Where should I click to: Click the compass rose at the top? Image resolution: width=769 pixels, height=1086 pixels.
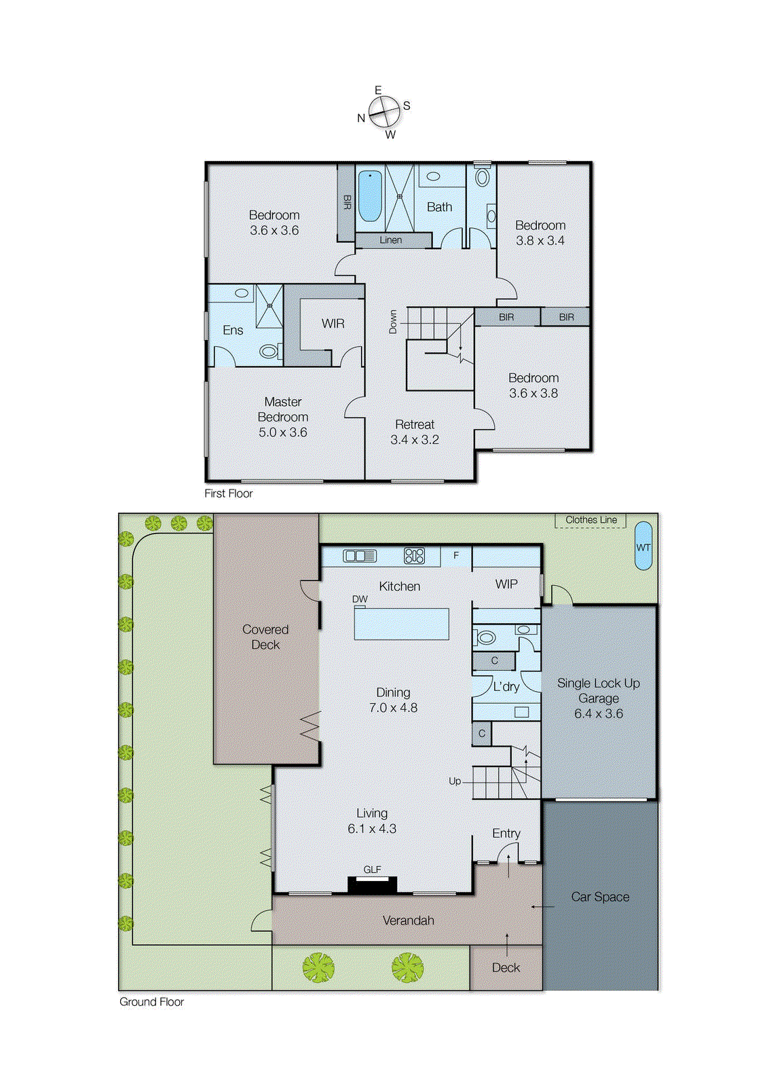click(x=384, y=111)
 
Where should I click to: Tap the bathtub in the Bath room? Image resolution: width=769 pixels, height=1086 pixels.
click(x=370, y=196)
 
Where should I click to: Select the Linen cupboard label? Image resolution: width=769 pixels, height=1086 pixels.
click(x=390, y=240)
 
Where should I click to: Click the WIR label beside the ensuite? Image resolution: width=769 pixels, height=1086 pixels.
click(x=333, y=324)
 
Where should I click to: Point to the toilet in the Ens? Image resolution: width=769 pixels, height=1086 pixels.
click(x=269, y=352)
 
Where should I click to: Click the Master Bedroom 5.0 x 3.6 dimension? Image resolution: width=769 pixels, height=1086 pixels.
click(x=282, y=432)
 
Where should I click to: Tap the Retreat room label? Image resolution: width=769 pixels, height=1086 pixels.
click(x=415, y=425)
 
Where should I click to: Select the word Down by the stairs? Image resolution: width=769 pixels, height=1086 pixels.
click(x=393, y=322)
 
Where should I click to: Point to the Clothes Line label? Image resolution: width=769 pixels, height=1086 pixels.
click(x=590, y=520)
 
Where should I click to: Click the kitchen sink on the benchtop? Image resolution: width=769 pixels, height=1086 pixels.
click(x=360, y=556)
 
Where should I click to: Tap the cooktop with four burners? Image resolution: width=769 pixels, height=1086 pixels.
click(x=414, y=556)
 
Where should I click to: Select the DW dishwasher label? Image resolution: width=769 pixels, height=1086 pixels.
click(x=360, y=599)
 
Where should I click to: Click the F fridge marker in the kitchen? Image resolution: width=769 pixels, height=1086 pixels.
click(x=456, y=555)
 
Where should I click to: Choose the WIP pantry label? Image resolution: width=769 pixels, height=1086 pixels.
click(x=506, y=584)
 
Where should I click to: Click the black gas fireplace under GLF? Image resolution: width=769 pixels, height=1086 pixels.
click(x=372, y=884)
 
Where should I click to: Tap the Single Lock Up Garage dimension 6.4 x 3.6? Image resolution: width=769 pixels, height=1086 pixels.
click(x=598, y=713)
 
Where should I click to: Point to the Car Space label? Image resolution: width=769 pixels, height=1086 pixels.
click(x=600, y=897)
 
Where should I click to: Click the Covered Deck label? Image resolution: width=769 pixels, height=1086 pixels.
click(x=265, y=637)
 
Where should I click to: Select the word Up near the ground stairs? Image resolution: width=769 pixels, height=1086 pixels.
click(x=454, y=781)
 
